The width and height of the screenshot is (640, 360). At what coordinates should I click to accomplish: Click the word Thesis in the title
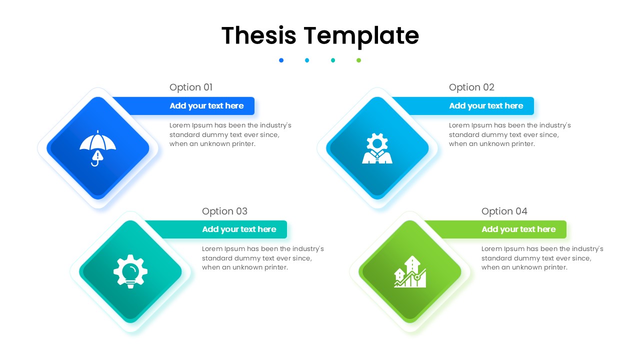tap(258, 35)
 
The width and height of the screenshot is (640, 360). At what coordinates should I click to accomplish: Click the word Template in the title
tap(361, 36)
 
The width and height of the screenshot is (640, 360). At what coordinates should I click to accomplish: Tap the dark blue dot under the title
tap(281, 60)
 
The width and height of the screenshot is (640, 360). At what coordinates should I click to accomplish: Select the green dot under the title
tap(358, 60)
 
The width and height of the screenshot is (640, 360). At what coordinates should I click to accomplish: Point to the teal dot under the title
tap(333, 60)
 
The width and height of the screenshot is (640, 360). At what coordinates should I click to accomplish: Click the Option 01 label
tap(191, 87)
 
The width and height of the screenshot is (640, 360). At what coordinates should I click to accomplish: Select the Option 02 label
tap(471, 87)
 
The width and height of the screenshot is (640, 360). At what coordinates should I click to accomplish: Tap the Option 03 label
tap(224, 211)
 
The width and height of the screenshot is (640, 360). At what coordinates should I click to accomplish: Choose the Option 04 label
tap(504, 211)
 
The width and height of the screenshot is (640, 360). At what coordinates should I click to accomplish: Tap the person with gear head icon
tap(377, 148)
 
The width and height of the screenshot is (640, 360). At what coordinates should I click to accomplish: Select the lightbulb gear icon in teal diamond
tap(130, 271)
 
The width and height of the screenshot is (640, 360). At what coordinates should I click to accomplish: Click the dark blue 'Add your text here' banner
tap(206, 106)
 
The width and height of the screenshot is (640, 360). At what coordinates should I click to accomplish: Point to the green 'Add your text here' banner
tap(518, 229)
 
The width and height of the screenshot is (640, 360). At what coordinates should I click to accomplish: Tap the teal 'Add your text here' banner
tap(239, 229)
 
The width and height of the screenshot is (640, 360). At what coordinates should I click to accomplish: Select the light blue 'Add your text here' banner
tap(486, 106)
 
